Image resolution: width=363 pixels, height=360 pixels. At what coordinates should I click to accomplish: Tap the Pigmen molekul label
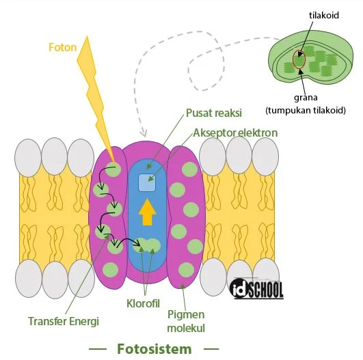coord(187,322)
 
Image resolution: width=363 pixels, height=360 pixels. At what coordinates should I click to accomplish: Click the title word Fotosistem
coord(154,348)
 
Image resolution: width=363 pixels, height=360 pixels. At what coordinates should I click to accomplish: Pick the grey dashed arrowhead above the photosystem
coord(143,131)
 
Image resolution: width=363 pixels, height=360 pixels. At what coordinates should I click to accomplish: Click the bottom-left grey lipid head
coord(28,277)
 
